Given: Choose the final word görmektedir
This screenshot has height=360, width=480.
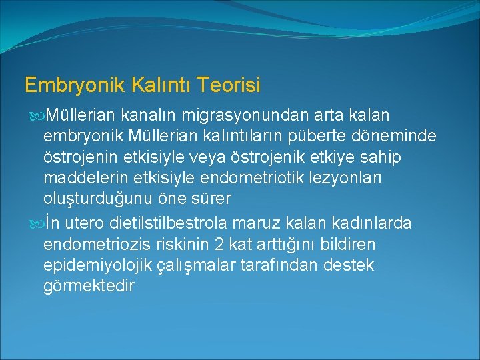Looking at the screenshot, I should point(88,287).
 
